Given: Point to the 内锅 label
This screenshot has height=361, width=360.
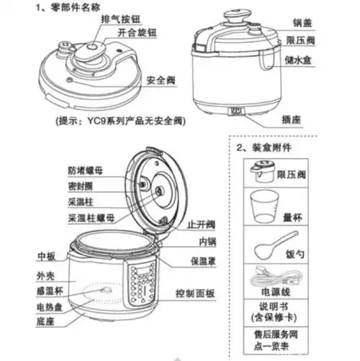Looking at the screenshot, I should pyautogui.click(x=208, y=241).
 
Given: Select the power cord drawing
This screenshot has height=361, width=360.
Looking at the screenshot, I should pyautogui.click(x=269, y=278).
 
